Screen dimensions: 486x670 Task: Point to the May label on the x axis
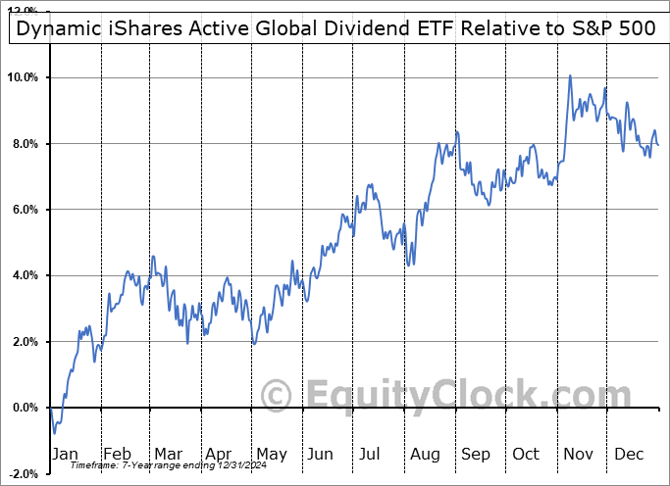click(x=272, y=454)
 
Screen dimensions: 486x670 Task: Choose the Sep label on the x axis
click(x=475, y=454)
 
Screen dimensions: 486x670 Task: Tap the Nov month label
click(x=576, y=454)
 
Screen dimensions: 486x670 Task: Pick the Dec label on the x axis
click(x=627, y=454)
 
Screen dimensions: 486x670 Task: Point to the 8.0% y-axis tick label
click(x=25, y=144)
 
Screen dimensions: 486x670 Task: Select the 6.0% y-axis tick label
click(x=25, y=210)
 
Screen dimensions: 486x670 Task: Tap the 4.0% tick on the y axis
click(x=25, y=275)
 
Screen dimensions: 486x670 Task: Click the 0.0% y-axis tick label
click(x=25, y=408)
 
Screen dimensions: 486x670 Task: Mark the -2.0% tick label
click(x=22, y=473)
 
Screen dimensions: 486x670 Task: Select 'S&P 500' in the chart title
click(x=617, y=28)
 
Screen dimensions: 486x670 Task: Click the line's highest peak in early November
click(x=570, y=75)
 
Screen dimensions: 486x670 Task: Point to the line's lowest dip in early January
click(x=55, y=433)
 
